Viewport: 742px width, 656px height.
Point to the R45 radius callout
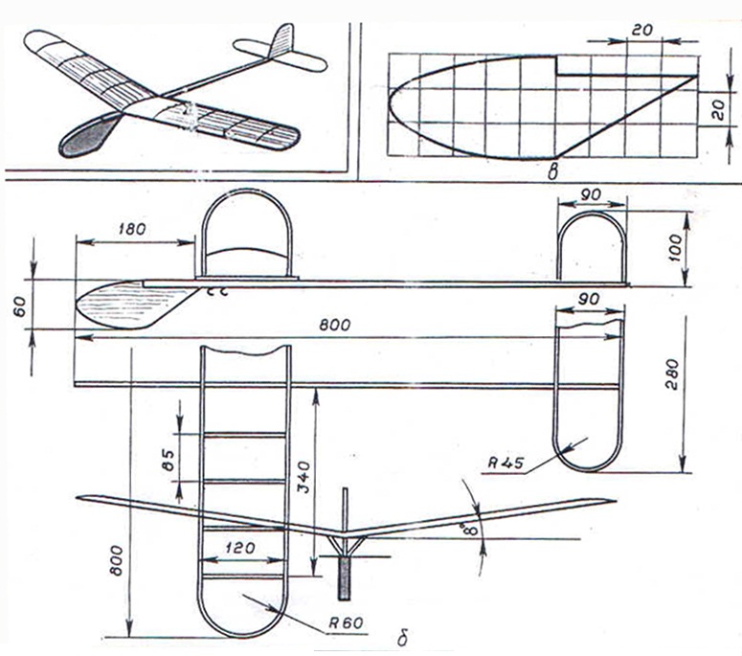pos(505,463)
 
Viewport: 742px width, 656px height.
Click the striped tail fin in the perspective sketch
pos(281,42)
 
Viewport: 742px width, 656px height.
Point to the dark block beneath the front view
pos(345,576)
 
